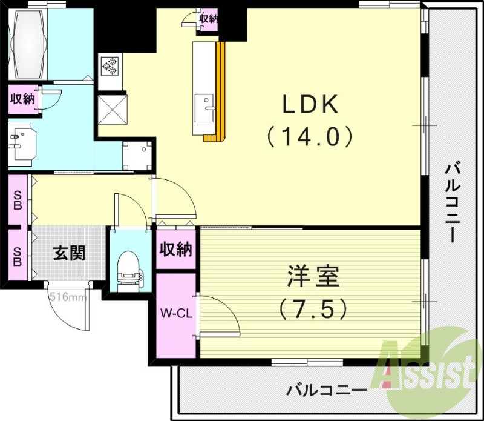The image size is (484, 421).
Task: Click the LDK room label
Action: coord(310,105)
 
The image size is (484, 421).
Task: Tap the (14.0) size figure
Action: coord(310,138)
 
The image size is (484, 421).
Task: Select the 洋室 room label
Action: coord(313,277)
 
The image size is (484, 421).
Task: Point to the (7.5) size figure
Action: coord(313,310)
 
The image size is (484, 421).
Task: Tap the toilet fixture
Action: coord(129,267)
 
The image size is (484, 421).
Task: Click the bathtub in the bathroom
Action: coord(28,42)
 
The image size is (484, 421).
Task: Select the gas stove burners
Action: coord(111,65)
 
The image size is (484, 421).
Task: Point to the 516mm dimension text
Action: coord(68,297)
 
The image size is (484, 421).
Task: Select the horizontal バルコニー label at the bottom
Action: coord(327,390)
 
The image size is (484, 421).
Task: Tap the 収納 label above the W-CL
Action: coord(176,248)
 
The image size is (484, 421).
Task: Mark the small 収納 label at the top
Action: coord(209,18)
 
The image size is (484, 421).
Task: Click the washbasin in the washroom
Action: coord(22,142)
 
